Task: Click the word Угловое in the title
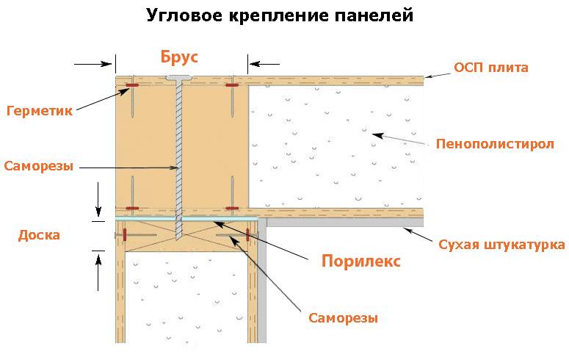184,15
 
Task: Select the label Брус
179,57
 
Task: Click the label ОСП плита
491,68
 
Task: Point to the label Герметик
40,110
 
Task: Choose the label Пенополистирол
495,144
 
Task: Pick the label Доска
39,235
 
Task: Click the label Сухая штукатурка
501,245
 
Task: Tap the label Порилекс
361,262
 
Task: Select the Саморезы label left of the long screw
38,166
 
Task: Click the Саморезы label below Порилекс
343,318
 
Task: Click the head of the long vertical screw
179,78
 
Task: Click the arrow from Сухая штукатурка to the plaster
418,234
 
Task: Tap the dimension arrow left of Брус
93,65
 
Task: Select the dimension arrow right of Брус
264,65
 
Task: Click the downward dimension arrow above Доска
98,199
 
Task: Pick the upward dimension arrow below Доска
98,273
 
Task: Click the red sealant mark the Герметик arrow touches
132,85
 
